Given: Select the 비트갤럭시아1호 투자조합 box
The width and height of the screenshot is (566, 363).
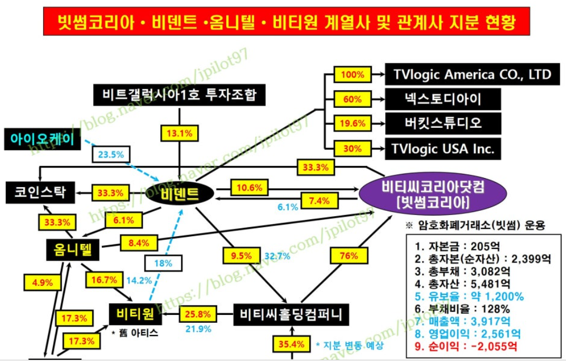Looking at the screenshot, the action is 179,95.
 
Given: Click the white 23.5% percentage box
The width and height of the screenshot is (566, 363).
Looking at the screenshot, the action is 111,155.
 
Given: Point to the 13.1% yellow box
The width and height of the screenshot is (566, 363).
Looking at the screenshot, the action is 179,133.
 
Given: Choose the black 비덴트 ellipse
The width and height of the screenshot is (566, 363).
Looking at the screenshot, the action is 180,194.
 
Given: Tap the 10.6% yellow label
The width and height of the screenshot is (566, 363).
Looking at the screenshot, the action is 250,188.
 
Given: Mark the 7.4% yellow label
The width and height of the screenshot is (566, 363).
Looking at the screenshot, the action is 319,201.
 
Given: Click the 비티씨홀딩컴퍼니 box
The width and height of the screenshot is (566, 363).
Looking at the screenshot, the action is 290,315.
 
